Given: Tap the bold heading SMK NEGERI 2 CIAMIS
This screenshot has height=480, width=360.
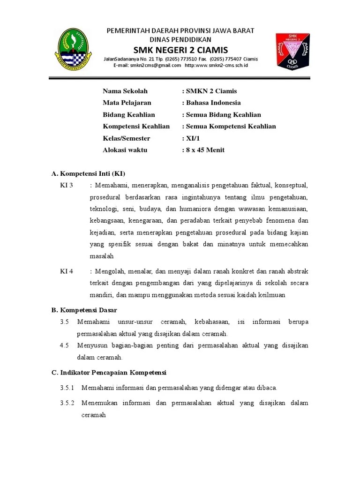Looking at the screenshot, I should pos(180,50).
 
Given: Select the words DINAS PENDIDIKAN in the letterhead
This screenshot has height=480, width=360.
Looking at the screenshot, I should pos(180,40).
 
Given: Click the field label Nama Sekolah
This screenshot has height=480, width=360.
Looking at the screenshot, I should pos(125,91).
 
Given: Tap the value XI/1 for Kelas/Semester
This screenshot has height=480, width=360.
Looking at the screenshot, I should pos(192,138).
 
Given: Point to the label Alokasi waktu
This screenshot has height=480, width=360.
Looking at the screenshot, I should pos(125,150).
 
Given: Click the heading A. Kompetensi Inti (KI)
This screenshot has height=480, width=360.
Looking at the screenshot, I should pos(88,173).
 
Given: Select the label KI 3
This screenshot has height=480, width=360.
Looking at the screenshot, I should pos(67,185).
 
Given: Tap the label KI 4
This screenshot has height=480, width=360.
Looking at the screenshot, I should pos(67,271).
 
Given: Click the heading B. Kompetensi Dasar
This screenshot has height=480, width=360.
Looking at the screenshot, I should pos(84,310).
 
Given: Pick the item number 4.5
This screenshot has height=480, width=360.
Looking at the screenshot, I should pos(65,345).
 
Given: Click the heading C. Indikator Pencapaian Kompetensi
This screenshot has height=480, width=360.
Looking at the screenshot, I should pos(109,373).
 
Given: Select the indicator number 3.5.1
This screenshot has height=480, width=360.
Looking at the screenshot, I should pos(67,388).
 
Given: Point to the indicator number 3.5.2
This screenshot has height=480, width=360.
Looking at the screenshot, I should pos(67,403).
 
